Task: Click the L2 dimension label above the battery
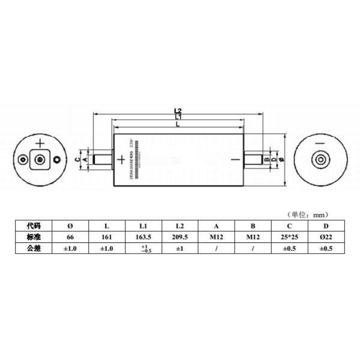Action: tap(178, 111)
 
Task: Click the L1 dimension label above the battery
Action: tap(178, 117)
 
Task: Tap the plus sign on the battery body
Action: tap(121, 159)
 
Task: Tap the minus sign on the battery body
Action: tap(235, 160)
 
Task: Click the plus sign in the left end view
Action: tap(40, 143)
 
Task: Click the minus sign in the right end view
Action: tap(320, 144)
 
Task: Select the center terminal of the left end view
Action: tap(41, 160)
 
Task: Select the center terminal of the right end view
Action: tap(320, 160)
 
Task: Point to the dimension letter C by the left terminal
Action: tap(78, 160)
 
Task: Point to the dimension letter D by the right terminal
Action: tap(274, 160)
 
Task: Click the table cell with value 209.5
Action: tap(179, 237)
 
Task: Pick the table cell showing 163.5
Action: tap(143, 237)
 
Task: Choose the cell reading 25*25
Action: tap(289, 237)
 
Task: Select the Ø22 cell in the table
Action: tap(326, 237)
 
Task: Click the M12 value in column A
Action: tap(216, 237)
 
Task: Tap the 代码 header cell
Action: tap(34, 226)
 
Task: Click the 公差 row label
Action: tap(34, 248)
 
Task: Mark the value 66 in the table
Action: tap(70, 237)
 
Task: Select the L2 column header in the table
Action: tap(179, 226)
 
